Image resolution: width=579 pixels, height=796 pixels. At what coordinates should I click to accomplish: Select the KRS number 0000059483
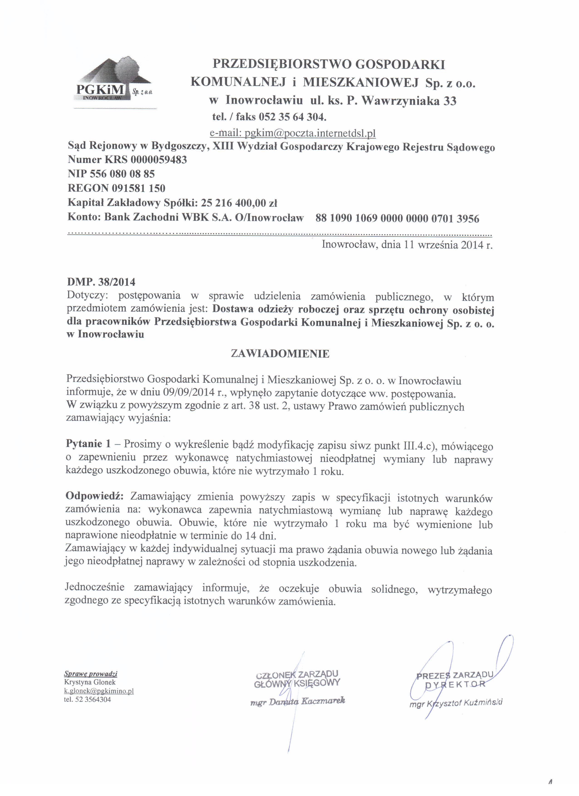pos(159,160)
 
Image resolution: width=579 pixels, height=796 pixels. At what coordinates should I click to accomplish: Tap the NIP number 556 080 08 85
pos(123,174)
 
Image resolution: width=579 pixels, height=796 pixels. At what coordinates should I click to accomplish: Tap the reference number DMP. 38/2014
pos(101,282)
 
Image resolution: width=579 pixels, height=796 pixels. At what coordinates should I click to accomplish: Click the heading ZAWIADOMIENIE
pos(280,354)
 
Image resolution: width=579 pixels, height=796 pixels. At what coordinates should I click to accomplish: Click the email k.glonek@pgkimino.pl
pos(99,691)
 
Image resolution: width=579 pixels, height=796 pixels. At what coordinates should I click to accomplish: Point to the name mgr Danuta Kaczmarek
pos(298,701)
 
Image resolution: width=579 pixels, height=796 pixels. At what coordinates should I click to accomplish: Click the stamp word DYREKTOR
pos(455,684)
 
